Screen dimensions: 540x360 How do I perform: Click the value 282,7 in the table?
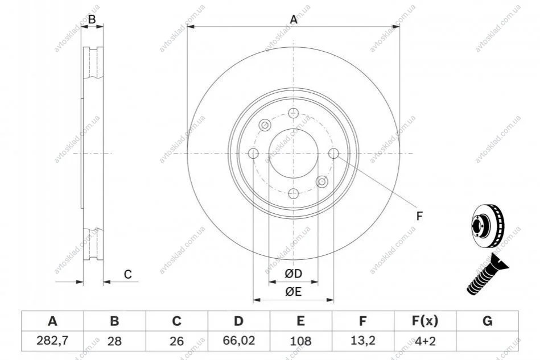pos(52,341)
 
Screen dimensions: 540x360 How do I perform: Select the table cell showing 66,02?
pos(238,341)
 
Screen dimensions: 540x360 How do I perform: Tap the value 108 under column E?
pos(300,341)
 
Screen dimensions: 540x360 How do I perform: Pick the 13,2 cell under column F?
pos(362,341)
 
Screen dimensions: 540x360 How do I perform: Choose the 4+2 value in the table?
pos(425,341)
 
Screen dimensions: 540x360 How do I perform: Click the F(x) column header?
pos(425,321)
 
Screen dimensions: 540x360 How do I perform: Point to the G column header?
pos(487,321)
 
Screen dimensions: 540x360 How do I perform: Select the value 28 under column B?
pos(114,341)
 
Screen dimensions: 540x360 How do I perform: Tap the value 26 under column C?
pos(176,341)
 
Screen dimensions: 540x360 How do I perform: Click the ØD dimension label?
pos(294,274)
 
